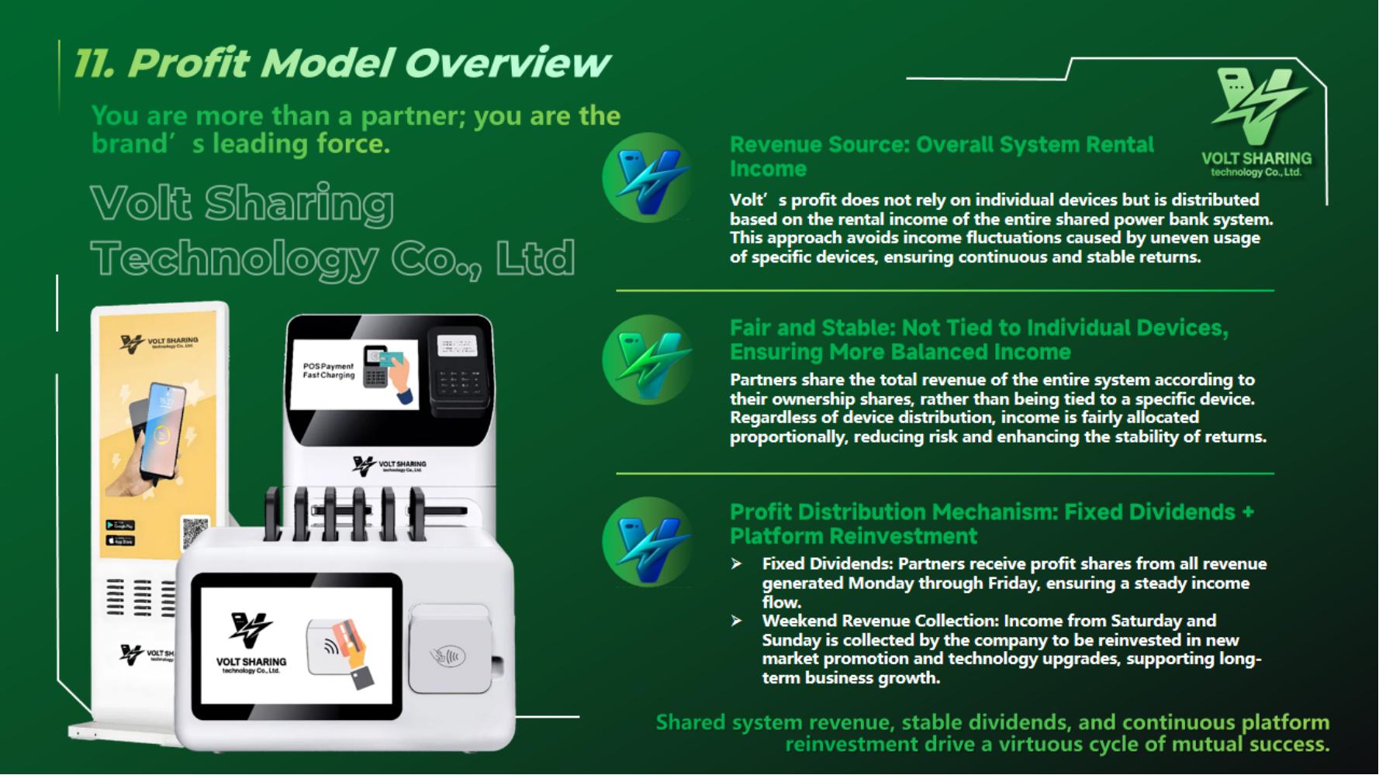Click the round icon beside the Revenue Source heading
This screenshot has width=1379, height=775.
(x=648, y=177)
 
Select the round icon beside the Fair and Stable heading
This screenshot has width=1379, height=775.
(x=648, y=360)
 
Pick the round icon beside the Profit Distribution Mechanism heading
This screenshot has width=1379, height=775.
(x=648, y=542)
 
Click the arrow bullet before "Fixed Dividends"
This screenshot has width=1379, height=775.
(x=736, y=564)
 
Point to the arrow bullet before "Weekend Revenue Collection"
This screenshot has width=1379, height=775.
(x=736, y=621)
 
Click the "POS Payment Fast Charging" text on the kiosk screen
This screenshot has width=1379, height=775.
(x=328, y=370)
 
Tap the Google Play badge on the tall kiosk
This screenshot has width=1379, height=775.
(x=120, y=525)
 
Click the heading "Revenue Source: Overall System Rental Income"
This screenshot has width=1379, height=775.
(x=942, y=157)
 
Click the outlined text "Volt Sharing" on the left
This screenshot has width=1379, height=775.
(x=242, y=203)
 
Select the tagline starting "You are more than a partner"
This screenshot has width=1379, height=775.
(x=356, y=129)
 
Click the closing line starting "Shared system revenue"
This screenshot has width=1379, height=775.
(x=993, y=733)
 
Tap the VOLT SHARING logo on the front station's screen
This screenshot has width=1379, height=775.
(x=251, y=644)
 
